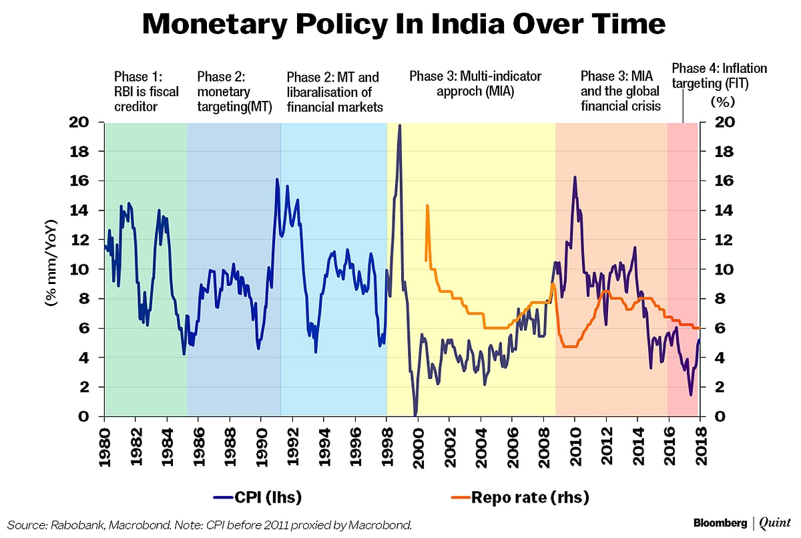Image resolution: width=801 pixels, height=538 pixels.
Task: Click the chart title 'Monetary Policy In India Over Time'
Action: point(405,25)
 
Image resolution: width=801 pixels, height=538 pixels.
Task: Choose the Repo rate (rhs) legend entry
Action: point(521,497)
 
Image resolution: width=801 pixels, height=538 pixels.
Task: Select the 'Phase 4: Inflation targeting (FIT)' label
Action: point(719,76)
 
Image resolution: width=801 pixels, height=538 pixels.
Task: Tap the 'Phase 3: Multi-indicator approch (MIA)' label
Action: point(475,84)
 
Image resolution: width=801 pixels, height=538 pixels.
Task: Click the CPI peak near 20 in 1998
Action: point(399,126)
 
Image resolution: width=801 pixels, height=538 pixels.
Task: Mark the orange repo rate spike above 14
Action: point(427,206)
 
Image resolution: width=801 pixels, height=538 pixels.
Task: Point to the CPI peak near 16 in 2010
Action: point(575,177)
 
